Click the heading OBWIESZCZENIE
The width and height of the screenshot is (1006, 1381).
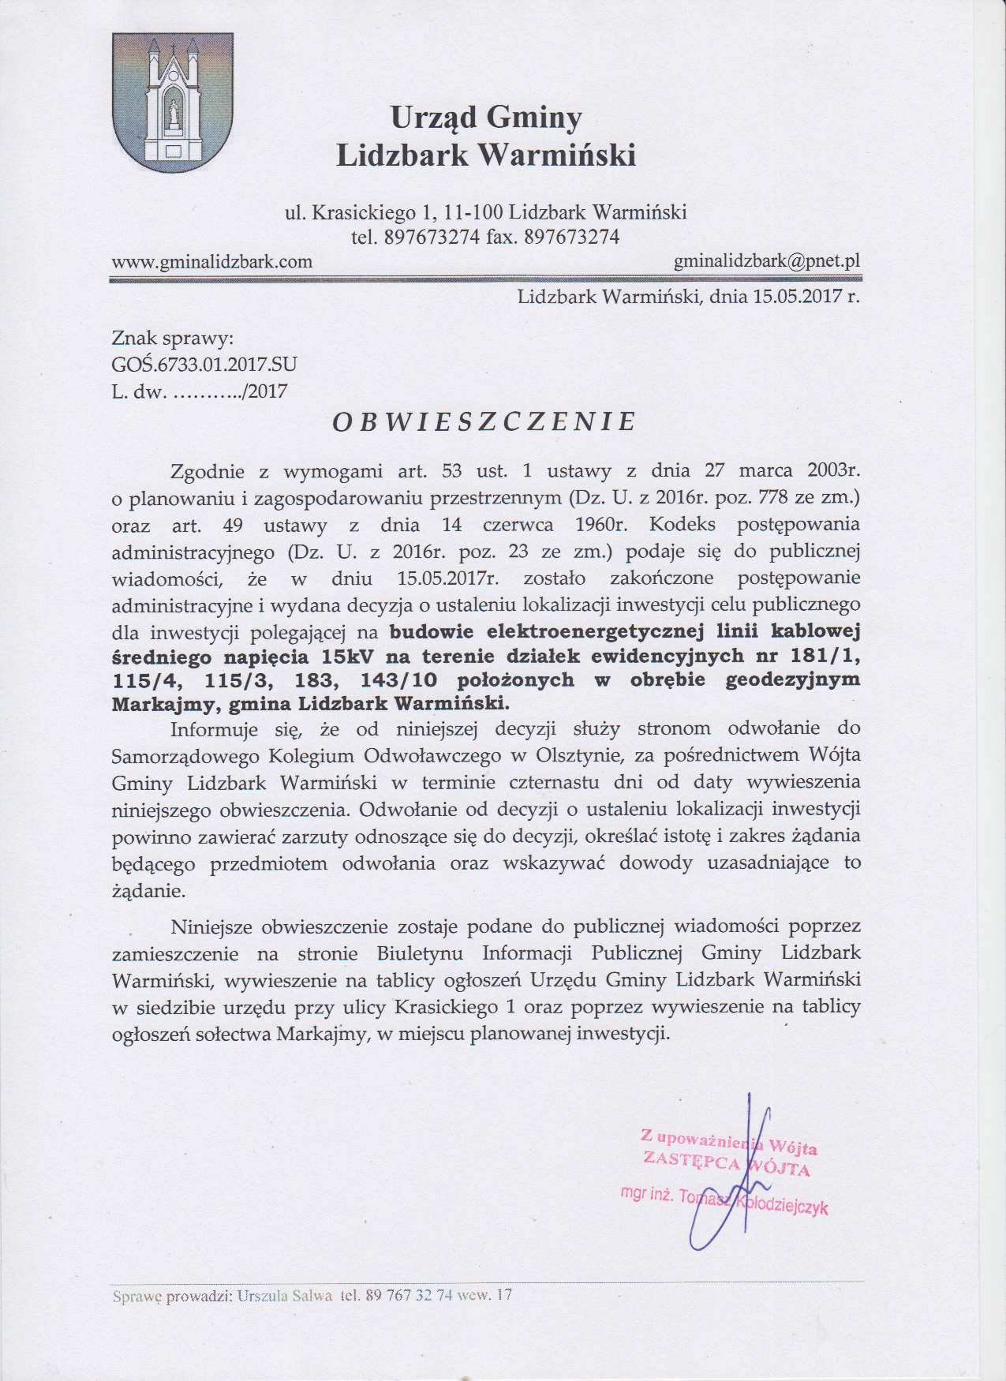coord(484,422)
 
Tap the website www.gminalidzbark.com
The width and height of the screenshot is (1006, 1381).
coord(212,261)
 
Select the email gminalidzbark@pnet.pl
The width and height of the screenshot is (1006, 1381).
coord(767,261)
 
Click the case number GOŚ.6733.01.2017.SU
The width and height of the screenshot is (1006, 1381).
coord(204,365)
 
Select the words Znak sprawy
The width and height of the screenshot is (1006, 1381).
coord(173,339)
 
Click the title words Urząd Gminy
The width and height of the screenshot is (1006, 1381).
coord(486,118)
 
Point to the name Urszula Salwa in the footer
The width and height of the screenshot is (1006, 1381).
coord(285,1296)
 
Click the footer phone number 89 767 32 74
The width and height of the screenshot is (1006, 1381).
coord(409,1296)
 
